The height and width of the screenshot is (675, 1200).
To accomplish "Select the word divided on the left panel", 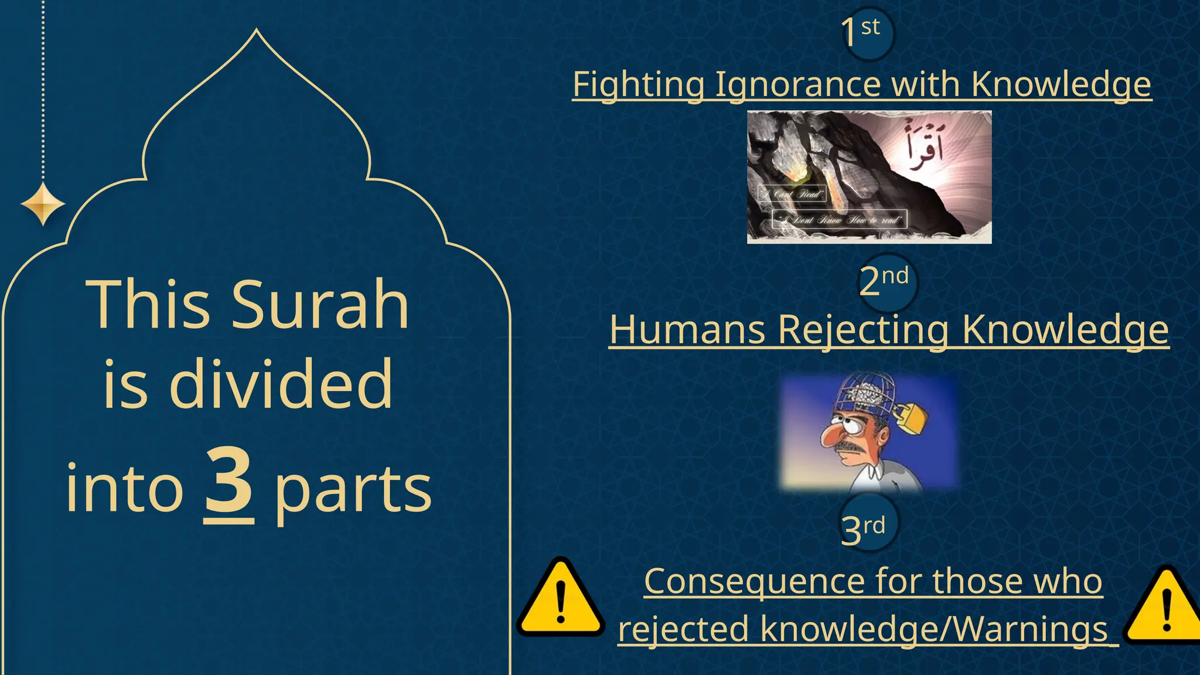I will point(281,384).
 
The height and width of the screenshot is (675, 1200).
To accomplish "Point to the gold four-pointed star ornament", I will point(43,204).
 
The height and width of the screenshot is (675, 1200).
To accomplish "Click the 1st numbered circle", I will point(867,33).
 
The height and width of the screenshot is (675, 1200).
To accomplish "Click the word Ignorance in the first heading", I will point(797,84).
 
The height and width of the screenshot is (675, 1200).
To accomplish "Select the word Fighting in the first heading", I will point(638,84).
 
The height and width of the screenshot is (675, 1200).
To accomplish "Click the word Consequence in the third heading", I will point(754,581).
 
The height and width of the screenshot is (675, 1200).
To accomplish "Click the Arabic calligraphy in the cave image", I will point(924,145).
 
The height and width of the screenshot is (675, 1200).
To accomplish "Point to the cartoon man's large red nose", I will point(831,435).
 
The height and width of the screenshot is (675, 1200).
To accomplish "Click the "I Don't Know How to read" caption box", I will point(839,220).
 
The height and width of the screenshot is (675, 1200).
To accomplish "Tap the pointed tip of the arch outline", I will point(256,30).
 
